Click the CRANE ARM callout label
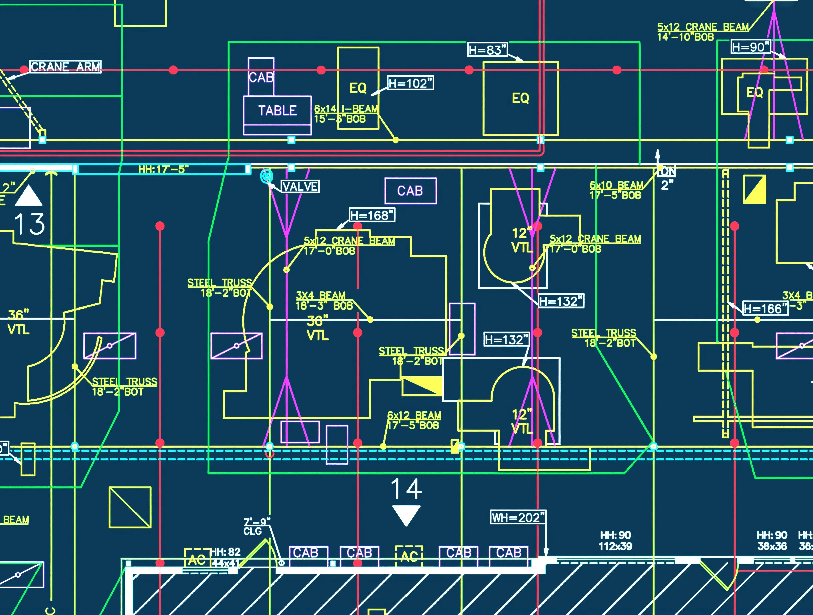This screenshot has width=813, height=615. [65, 67]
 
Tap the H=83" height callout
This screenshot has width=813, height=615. [487, 50]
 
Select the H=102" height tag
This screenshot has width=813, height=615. [411, 83]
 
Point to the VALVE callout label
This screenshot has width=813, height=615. [300, 187]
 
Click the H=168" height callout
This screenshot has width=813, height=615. [372, 215]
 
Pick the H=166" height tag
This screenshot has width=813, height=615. [765, 309]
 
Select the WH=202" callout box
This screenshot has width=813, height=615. [518, 518]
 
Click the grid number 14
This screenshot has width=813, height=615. [406, 489]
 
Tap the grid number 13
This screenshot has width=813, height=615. [29, 224]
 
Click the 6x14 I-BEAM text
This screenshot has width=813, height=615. [346, 109]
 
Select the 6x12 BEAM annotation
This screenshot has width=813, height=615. [414, 420]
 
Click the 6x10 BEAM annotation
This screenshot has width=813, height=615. [616, 190]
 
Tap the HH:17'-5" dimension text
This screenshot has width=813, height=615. [163, 169]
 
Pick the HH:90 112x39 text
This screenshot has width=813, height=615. [615, 541]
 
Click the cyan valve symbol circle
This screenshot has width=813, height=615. [266, 176]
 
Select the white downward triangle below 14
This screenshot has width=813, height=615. [406, 515]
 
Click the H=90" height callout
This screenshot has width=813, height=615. [750, 47]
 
